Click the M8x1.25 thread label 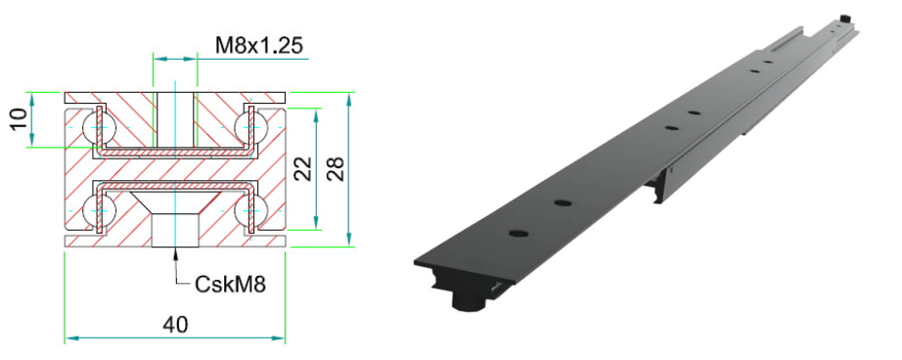pos(259,45)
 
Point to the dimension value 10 pos(19,119)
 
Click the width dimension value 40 pos(175,325)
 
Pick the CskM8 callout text pos(230,284)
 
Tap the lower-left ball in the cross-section pos(93,211)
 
